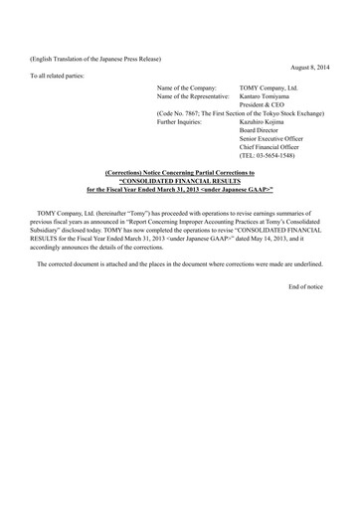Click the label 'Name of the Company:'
(185, 87)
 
